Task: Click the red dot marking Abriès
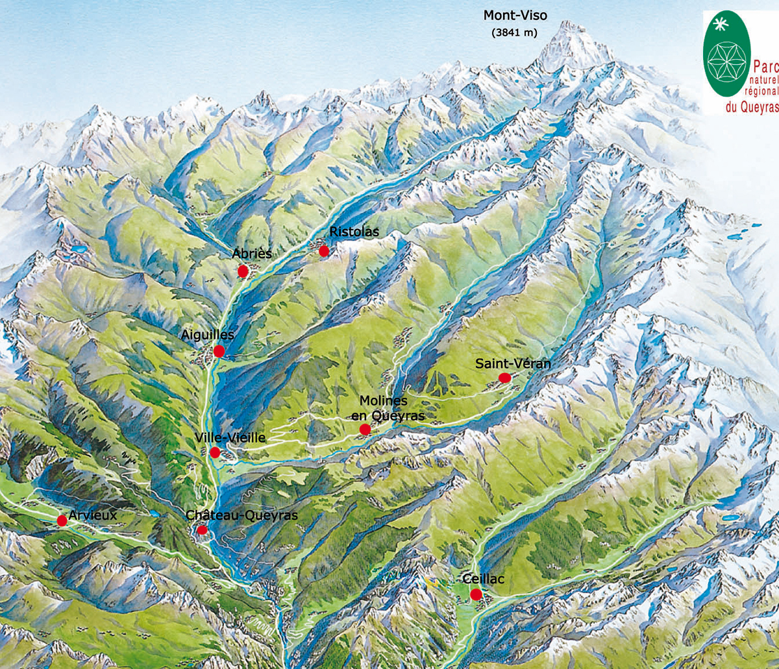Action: (243, 271)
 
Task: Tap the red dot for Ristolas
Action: (324, 251)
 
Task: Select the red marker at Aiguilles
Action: (219, 351)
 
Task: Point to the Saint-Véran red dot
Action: (504, 378)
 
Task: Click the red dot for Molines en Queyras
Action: (365, 429)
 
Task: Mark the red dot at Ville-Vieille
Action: (215, 452)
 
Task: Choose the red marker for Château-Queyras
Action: (202, 529)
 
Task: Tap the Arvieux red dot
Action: (62, 520)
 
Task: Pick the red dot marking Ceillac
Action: (476, 594)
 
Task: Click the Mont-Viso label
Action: (515, 16)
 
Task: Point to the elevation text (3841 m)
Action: (515, 33)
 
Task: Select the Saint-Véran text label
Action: (512, 363)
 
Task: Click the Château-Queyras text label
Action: (241, 515)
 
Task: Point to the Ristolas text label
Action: (354, 232)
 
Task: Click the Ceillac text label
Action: (483, 579)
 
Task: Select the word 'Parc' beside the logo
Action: (765, 67)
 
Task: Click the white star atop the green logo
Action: (720, 25)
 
